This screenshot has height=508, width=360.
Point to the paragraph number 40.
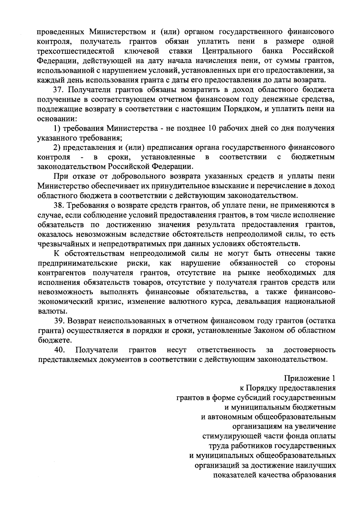[x=59, y=350]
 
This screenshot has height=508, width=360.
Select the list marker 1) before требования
[x=57, y=129]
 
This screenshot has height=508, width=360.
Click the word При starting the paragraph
[x=60, y=177]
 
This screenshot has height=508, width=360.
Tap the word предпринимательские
[x=77, y=263]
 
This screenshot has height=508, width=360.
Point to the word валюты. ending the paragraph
[x=50, y=312]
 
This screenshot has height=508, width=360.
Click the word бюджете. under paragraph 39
[x=50, y=340]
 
